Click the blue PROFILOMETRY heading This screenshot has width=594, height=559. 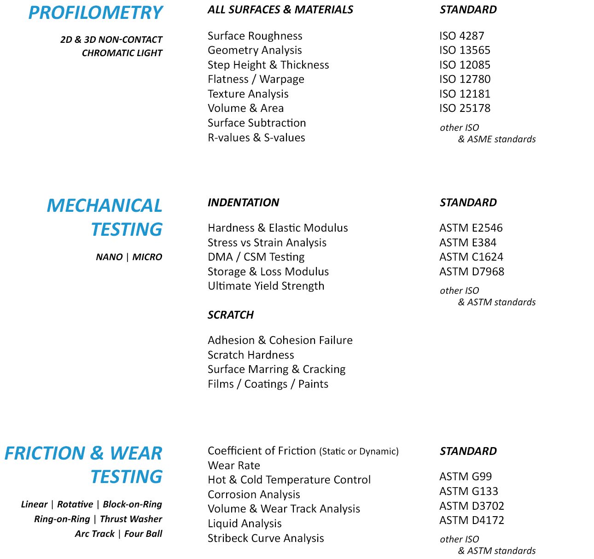click(95, 13)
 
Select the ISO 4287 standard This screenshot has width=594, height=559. click(461, 36)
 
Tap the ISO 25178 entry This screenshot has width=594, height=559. click(465, 108)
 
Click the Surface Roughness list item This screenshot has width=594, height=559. click(255, 36)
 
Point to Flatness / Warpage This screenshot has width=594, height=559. click(256, 79)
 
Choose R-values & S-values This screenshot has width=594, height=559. click(256, 138)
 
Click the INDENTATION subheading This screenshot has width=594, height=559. click(243, 203)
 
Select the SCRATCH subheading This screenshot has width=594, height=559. click(230, 315)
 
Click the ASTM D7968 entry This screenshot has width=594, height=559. click(472, 272)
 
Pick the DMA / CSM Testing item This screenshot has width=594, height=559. click(256, 257)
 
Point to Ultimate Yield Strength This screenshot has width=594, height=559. click(266, 286)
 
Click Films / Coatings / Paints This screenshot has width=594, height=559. click(268, 384)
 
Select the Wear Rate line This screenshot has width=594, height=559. click(233, 466)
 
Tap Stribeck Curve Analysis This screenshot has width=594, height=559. click(266, 538)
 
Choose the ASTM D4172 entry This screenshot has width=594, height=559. click(472, 520)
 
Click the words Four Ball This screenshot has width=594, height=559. click(143, 534)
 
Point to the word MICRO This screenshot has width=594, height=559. click(147, 257)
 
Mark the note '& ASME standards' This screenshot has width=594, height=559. click(497, 139)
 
